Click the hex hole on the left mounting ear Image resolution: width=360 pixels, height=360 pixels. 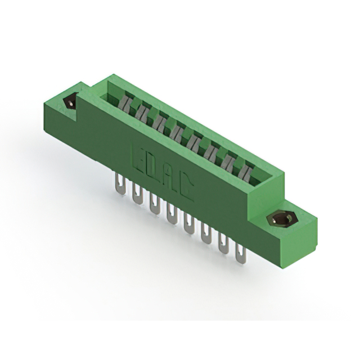[x=71, y=102]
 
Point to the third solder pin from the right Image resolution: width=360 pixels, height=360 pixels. [x=205, y=235]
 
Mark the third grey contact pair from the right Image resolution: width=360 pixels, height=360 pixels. [x=213, y=150]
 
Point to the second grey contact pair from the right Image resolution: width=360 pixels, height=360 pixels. [x=229, y=159]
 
